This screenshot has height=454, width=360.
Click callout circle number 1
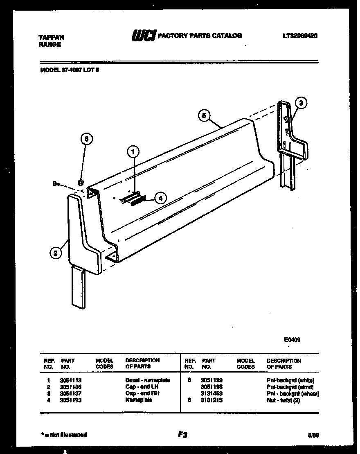[x=133, y=152]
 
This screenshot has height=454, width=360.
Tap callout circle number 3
[x=301, y=103]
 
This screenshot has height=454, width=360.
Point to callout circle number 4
[x=160, y=198]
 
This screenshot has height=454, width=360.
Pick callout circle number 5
[x=205, y=116]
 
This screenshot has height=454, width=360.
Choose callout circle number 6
[x=86, y=139]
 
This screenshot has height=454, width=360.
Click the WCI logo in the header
[x=143, y=36]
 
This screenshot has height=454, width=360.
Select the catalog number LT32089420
[x=300, y=36]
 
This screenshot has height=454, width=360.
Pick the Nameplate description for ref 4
[x=139, y=400]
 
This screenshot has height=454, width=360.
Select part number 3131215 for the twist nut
[x=211, y=400]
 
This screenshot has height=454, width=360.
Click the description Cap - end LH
[x=142, y=387]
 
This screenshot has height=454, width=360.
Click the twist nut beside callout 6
[x=81, y=183]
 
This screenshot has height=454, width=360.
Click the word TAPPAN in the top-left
[x=51, y=37]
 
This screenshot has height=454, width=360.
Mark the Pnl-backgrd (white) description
[x=290, y=380]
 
